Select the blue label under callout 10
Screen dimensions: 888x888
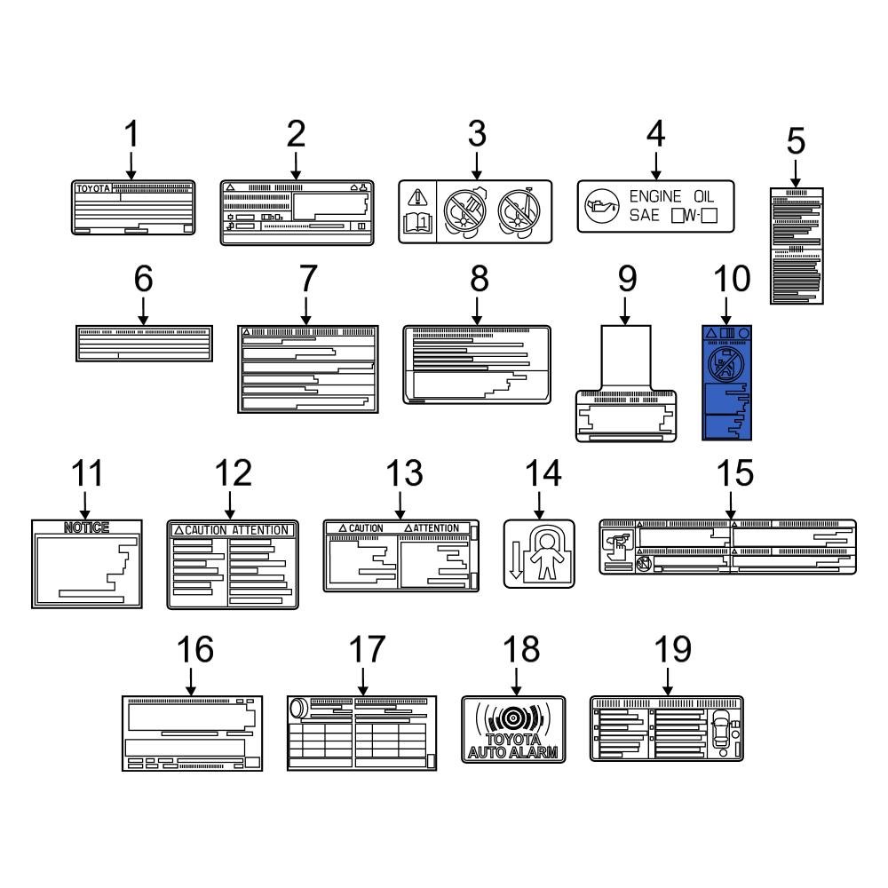click(726, 383)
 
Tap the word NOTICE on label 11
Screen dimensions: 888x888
click(86, 527)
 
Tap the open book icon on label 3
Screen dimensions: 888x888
click(416, 223)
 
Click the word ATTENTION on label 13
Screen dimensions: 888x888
click(436, 528)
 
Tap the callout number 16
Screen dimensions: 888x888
click(193, 649)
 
